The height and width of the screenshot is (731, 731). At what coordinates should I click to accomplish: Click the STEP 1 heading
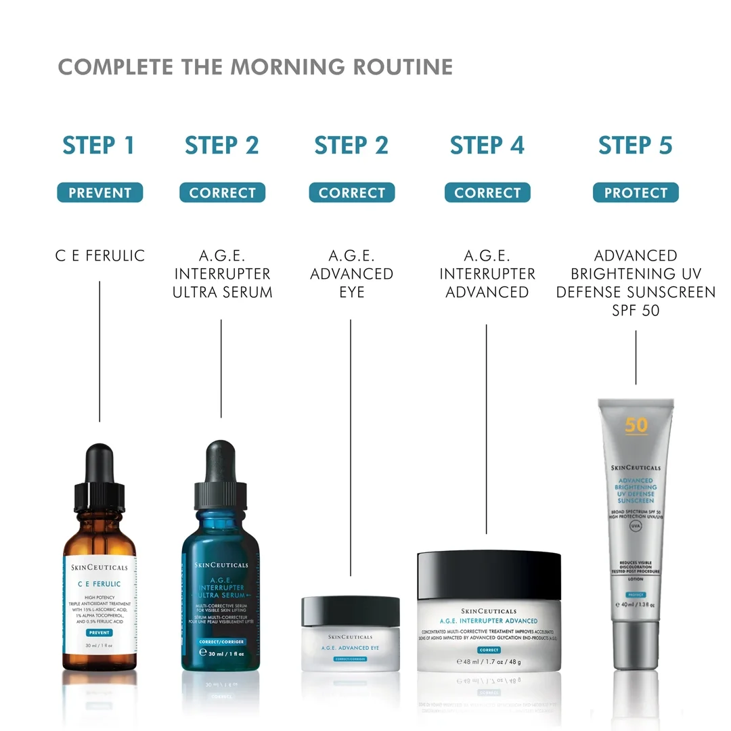99,146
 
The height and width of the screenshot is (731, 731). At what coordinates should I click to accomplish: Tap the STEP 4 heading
487,146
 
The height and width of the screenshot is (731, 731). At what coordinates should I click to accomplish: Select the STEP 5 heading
636,146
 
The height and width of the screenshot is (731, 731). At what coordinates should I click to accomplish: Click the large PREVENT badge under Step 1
100,193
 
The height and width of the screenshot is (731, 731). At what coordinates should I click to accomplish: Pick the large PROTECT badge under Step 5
636,193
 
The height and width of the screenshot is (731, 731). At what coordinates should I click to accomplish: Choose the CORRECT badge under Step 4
487,193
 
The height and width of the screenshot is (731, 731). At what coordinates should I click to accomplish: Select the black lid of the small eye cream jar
351,610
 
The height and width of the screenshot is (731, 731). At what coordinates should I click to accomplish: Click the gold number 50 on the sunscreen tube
636,425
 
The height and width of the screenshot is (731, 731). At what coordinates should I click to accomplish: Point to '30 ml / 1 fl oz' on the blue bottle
221,653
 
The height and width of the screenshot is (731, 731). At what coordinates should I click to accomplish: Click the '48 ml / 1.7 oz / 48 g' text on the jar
489,661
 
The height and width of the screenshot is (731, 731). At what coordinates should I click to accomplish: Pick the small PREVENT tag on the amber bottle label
99,632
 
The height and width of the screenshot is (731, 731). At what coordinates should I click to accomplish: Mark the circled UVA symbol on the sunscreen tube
636,526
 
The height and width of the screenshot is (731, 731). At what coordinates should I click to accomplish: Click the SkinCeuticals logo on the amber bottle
99,567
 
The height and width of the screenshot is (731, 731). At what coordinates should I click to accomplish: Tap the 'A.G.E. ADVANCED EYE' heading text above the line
351,273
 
